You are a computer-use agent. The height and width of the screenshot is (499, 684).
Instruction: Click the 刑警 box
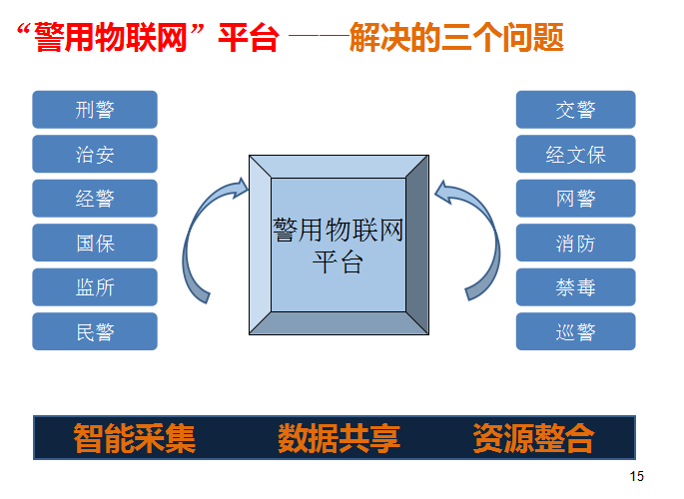(95, 110)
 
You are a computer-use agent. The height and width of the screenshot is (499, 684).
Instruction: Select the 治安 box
(95, 154)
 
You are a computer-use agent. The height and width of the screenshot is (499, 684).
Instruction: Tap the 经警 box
(95, 199)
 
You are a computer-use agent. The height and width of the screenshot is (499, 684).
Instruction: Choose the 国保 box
(95, 243)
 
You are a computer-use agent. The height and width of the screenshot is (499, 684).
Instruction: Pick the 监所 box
(95, 287)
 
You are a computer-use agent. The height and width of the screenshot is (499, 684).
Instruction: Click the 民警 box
(95, 331)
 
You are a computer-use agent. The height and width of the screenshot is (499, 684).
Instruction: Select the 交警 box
(576, 110)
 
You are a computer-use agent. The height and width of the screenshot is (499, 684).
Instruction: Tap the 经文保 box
(576, 154)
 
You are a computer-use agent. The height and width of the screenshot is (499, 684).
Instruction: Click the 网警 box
(576, 199)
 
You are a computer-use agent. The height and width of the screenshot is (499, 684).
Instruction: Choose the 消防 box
(576, 243)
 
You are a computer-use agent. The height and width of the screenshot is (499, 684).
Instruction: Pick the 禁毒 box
(576, 287)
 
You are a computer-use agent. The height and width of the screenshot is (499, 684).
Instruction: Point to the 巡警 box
(576, 331)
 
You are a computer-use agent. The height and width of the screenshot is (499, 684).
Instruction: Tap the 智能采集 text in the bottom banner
(135, 438)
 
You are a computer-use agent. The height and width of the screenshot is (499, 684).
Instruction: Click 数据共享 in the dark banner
(339, 438)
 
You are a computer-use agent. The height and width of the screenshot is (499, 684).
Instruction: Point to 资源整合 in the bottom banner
(533, 438)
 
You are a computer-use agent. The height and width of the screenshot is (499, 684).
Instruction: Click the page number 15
(636, 476)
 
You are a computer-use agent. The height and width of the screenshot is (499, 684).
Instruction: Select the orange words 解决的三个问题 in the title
(456, 38)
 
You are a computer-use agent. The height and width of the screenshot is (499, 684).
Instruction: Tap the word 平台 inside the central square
(338, 261)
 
